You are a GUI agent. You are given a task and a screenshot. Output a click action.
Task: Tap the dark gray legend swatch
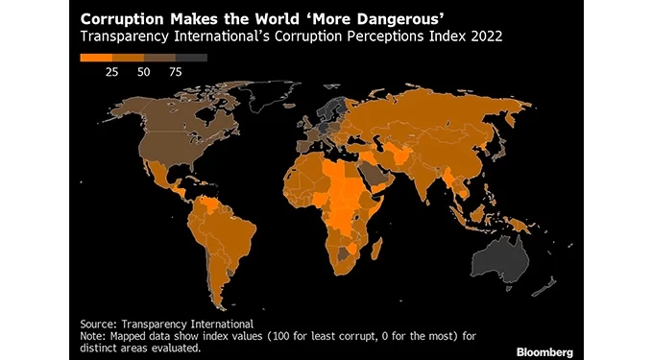click(192, 58)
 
